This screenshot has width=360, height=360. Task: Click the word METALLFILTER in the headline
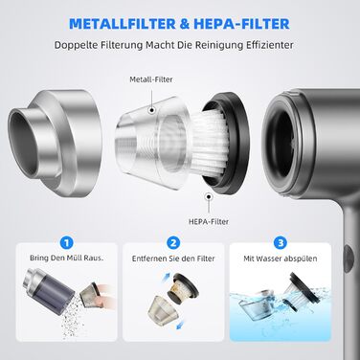point(123,24)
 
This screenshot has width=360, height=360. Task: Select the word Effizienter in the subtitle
point(270,45)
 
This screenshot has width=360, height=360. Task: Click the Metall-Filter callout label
point(151,79)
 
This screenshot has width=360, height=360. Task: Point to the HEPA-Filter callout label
point(209,221)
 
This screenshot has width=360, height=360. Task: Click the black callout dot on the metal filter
point(152,110)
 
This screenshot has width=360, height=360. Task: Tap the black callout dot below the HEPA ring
point(209,197)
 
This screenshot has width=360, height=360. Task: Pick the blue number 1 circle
point(67,243)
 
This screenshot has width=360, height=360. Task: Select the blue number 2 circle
point(173,243)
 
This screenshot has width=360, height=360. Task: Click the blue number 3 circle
point(281,243)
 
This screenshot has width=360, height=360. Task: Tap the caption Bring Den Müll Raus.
point(67,258)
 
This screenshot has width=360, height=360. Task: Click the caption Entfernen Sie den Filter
point(173,259)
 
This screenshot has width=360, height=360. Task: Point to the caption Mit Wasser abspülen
point(281,259)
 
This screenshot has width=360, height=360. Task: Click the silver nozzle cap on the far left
point(55,143)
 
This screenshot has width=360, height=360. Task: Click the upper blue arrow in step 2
point(167,278)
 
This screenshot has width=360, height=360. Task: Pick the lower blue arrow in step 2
point(180,324)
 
